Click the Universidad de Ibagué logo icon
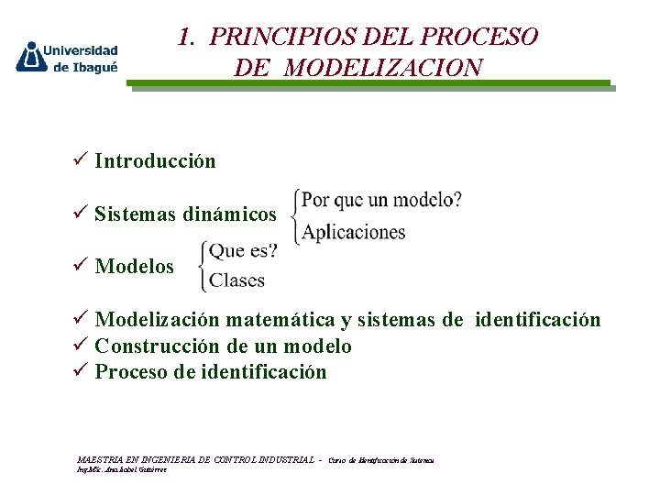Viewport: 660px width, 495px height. (x=31, y=57)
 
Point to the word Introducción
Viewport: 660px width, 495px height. (x=155, y=161)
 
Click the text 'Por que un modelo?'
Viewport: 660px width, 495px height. (x=381, y=199)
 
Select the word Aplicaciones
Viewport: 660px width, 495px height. (x=354, y=232)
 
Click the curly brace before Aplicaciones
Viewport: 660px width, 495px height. (x=294, y=215)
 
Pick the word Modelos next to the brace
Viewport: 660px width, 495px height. (x=134, y=267)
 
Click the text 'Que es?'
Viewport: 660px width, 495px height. (x=243, y=249)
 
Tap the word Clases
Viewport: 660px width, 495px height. (x=237, y=280)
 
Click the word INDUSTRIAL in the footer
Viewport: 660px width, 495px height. (x=280, y=459)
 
